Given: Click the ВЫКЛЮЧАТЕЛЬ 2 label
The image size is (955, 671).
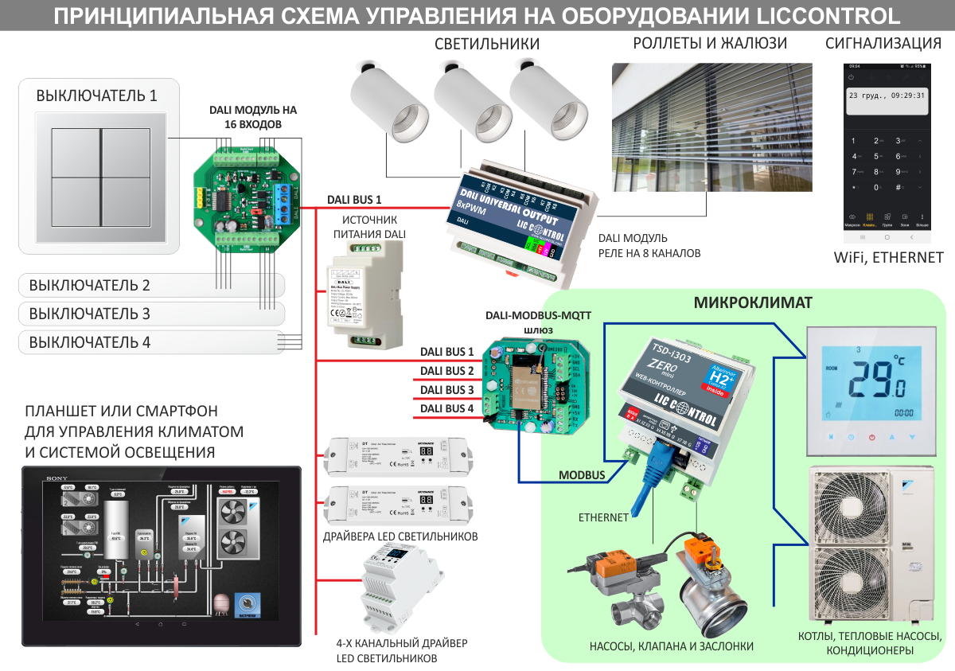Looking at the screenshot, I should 89,285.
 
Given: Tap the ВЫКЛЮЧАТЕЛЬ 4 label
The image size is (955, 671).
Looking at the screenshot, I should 89,343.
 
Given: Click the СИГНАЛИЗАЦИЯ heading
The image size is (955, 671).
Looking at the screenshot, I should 884,43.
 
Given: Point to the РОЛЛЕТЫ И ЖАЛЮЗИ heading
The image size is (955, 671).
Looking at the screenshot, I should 710,43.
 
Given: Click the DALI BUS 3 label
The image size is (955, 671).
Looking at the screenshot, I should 447,390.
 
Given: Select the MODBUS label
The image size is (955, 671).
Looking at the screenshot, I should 582,475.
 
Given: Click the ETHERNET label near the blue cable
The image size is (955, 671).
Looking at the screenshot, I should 603,517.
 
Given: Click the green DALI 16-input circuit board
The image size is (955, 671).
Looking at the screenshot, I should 247,196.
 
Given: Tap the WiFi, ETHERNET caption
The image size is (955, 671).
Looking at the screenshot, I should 887,257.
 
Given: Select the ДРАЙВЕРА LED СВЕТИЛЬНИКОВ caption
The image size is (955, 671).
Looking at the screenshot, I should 402,536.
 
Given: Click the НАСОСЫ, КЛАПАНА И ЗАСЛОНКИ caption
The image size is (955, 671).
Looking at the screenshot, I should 671,646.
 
